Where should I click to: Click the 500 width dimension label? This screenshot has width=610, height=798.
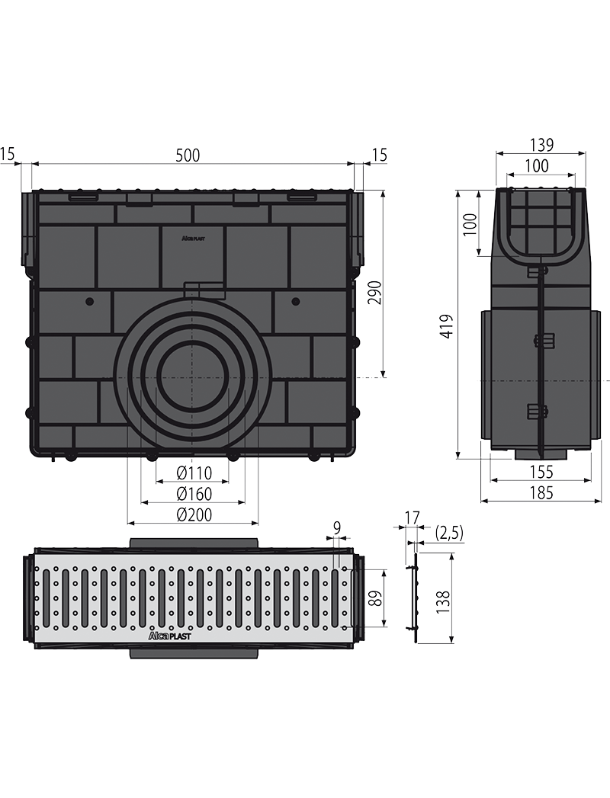[x=188, y=155]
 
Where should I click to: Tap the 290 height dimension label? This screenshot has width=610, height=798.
[x=374, y=293]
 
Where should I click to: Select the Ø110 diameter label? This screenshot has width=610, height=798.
[x=194, y=473]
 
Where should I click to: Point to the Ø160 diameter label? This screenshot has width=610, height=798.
[x=194, y=494]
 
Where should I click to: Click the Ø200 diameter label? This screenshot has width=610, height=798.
[x=194, y=514]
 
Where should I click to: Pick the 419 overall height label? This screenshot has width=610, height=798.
[x=446, y=326]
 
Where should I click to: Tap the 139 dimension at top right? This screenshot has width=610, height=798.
[x=541, y=145]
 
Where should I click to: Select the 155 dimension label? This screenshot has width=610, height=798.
[x=541, y=472]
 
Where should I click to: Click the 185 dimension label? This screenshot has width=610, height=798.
[x=541, y=492]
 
